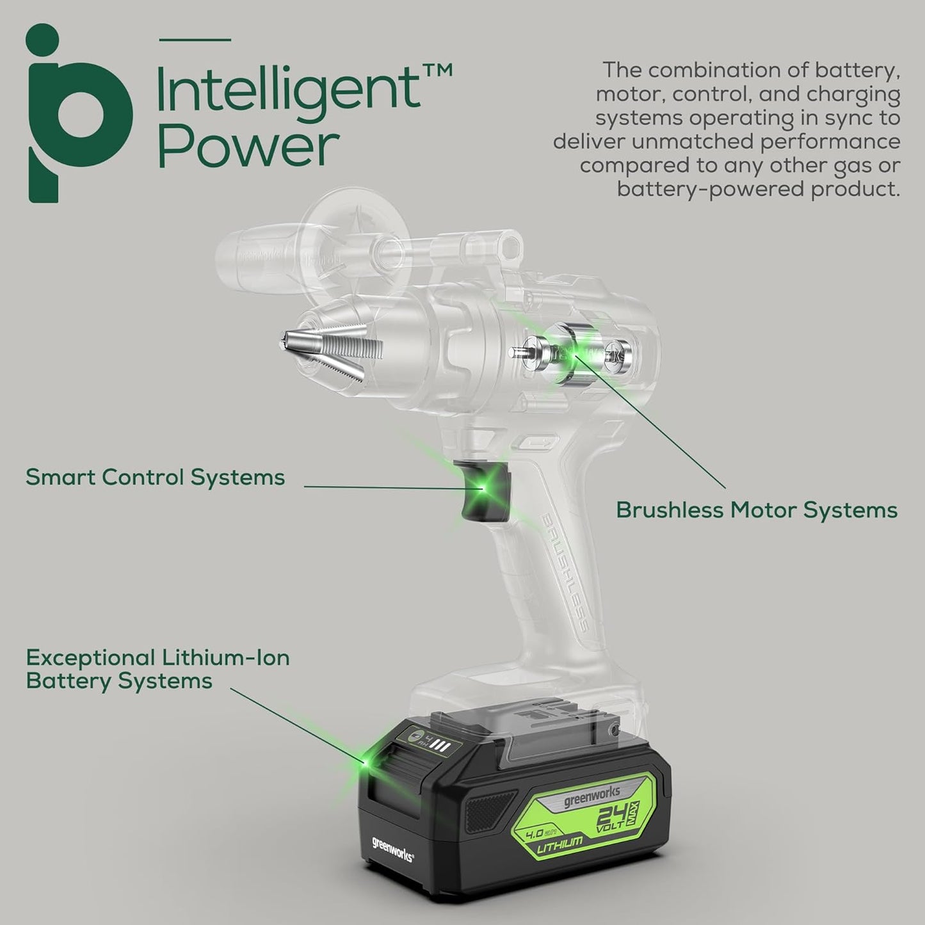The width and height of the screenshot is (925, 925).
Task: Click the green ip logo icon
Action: coord(79,113)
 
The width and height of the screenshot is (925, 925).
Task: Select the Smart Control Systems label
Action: coord(155,477)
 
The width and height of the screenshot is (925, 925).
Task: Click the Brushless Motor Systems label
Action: coord(757,510)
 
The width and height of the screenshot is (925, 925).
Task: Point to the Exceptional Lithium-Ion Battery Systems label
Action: coord(158,669)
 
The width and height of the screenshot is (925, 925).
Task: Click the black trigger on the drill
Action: coord(485,490)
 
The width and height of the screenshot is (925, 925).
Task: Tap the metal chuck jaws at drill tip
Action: coord(330,350)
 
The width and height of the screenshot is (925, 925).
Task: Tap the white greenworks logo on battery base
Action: coord(392,850)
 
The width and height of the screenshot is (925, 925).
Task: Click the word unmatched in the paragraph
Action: coord(692,141)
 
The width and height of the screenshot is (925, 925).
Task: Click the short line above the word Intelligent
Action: coord(195,40)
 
